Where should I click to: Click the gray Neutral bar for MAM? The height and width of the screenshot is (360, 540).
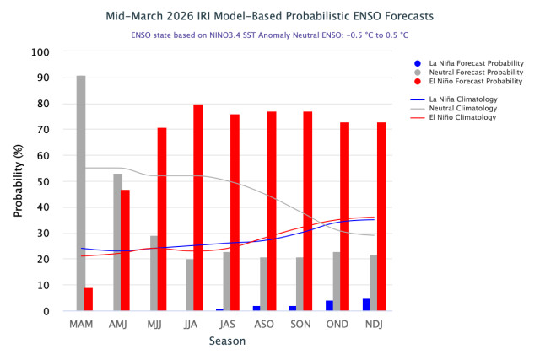(80, 194)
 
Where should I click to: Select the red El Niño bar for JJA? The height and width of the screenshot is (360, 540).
(198, 207)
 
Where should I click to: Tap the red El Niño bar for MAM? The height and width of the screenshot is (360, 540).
(89, 299)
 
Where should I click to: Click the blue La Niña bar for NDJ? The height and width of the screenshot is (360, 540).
(366, 305)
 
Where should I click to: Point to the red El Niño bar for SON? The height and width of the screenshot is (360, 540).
(308, 211)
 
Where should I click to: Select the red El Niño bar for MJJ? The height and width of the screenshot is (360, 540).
(162, 219)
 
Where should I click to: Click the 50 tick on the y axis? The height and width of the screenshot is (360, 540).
(43, 181)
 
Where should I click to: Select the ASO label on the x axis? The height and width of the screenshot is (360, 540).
(264, 325)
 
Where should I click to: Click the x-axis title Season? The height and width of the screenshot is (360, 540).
(228, 341)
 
